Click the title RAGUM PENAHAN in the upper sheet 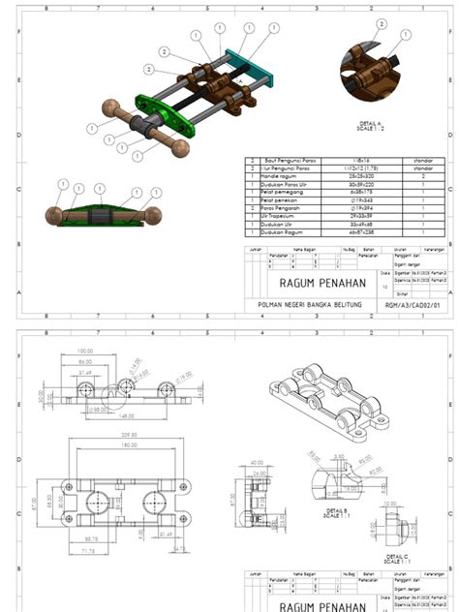pyautogui.click(x=317, y=283)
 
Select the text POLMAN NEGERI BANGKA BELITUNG pyautogui.click(x=302, y=305)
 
